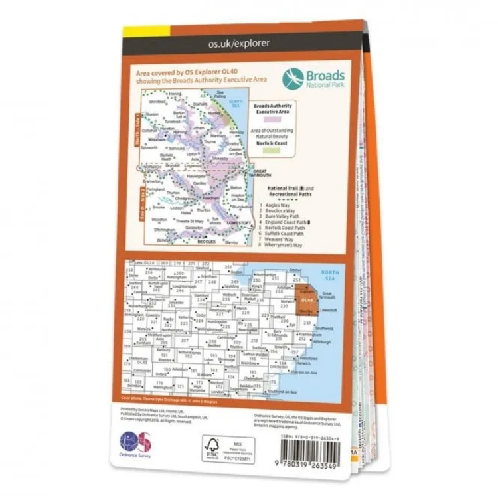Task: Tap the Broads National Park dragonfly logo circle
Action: [x=293, y=78]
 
